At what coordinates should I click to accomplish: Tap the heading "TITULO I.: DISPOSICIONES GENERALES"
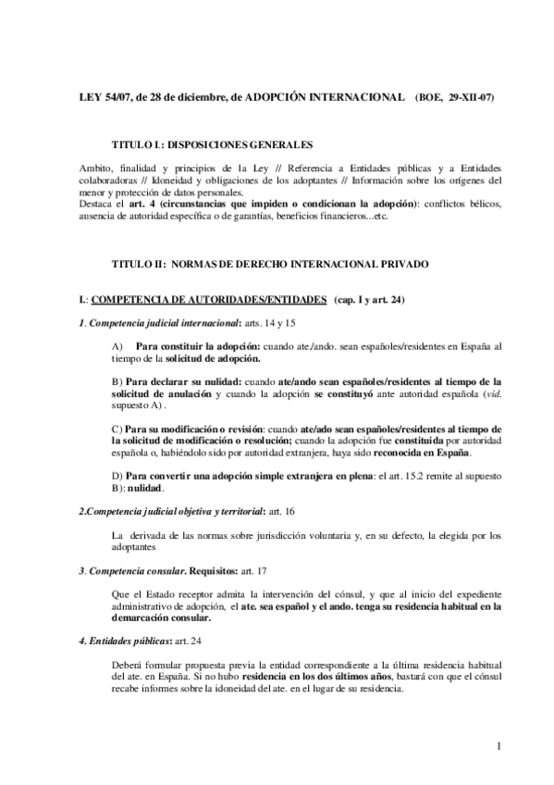(212, 145)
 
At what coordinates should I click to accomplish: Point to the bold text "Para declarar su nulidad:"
(174, 380)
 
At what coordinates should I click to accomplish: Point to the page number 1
(498, 746)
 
